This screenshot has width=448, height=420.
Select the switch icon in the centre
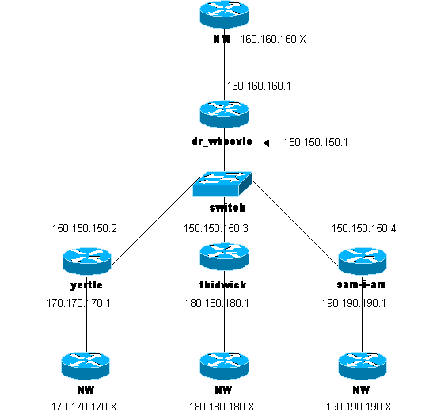(x=222, y=184)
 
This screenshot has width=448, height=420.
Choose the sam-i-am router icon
(x=362, y=260)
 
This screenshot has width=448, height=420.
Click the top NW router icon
(x=226, y=16)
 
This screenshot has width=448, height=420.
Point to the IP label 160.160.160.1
(x=260, y=86)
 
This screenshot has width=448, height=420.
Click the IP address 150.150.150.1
(x=317, y=143)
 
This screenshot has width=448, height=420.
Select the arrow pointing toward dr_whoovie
(x=271, y=143)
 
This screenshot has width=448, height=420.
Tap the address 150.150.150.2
(x=85, y=229)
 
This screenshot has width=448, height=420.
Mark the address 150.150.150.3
(x=216, y=229)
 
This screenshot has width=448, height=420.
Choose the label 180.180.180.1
(x=217, y=302)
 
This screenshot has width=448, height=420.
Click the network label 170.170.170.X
(x=84, y=406)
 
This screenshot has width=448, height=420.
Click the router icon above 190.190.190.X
(x=362, y=365)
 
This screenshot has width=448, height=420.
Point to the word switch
(x=226, y=208)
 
